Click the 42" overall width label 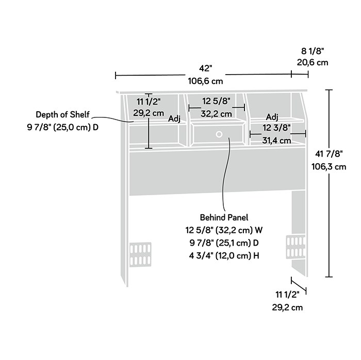[x=205, y=68]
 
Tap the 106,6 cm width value [x=205, y=81]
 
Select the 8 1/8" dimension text [x=313, y=51]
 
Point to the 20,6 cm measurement [x=313, y=62]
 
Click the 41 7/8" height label [x=329, y=154]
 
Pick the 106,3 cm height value [x=329, y=166]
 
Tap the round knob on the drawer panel [x=219, y=134]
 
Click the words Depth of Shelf [x=62, y=114]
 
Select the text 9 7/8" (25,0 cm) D [x=63, y=127]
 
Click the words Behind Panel [x=224, y=217]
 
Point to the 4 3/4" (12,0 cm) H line [x=224, y=255]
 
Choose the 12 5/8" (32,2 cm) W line [x=224, y=230]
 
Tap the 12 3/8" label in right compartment [x=276, y=128]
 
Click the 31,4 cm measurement [x=276, y=140]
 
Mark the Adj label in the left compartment [x=174, y=119]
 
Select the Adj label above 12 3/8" [x=272, y=117]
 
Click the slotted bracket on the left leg [x=140, y=254]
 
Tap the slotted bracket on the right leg [x=296, y=246]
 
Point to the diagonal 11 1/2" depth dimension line [x=299, y=285]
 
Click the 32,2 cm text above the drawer [x=216, y=114]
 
